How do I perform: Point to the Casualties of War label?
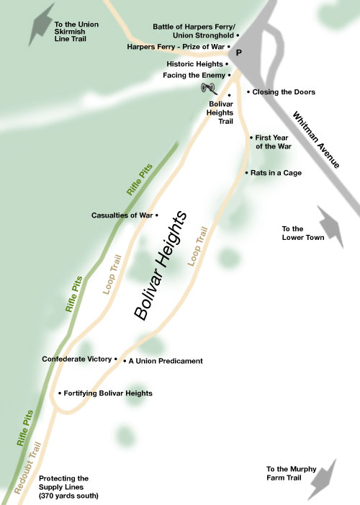122,215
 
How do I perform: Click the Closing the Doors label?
284,92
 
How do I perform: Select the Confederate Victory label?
77,359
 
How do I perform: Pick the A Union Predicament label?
166,361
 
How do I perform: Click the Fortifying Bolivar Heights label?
108,393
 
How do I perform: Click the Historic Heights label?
195,64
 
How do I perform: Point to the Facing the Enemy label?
193,75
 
